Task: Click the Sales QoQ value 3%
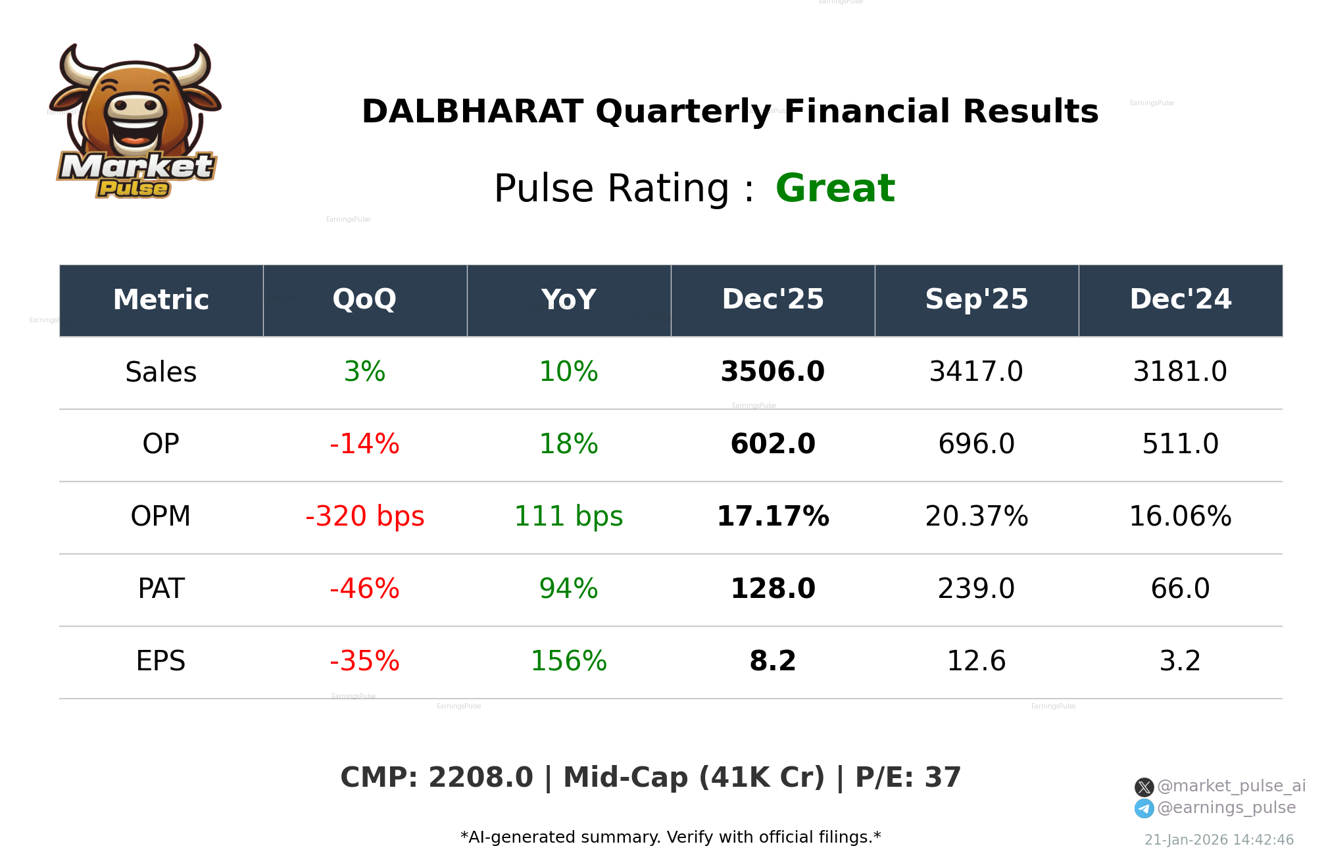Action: (364, 372)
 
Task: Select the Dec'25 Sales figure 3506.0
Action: (772, 372)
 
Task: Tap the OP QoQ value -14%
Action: (364, 444)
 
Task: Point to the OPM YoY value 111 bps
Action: (568, 516)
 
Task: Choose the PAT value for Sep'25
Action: (976, 589)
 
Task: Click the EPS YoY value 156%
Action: (568, 661)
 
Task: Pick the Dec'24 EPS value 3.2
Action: (1180, 661)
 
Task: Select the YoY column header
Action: (568, 300)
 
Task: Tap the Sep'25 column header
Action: (976, 300)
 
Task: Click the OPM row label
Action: (160, 516)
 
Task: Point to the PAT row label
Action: (160, 589)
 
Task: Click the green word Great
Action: (835, 188)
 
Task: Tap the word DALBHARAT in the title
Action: (472, 112)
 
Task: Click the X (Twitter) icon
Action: (1144, 787)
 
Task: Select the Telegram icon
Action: (1144, 808)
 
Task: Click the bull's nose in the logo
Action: (135, 107)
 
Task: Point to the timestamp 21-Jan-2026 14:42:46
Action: (1219, 840)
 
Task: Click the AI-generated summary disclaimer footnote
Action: (670, 837)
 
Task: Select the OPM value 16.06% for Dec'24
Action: (1180, 516)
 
